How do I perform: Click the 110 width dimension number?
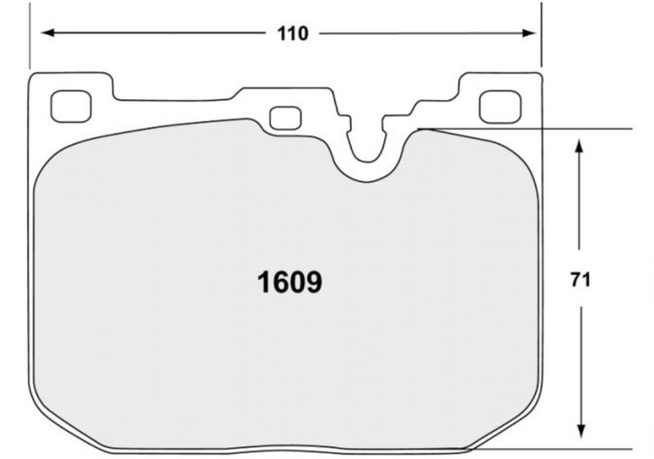[x=292, y=34]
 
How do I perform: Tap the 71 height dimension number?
[x=580, y=280]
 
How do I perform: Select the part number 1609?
[x=290, y=282]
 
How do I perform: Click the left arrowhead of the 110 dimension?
[x=48, y=33]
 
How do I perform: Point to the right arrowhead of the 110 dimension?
[x=529, y=33]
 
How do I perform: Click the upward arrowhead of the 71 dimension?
[x=579, y=146]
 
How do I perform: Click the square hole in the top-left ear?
[x=71, y=106]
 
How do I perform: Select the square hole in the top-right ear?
[x=500, y=107]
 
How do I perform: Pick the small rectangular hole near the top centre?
[x=285, y=118]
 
